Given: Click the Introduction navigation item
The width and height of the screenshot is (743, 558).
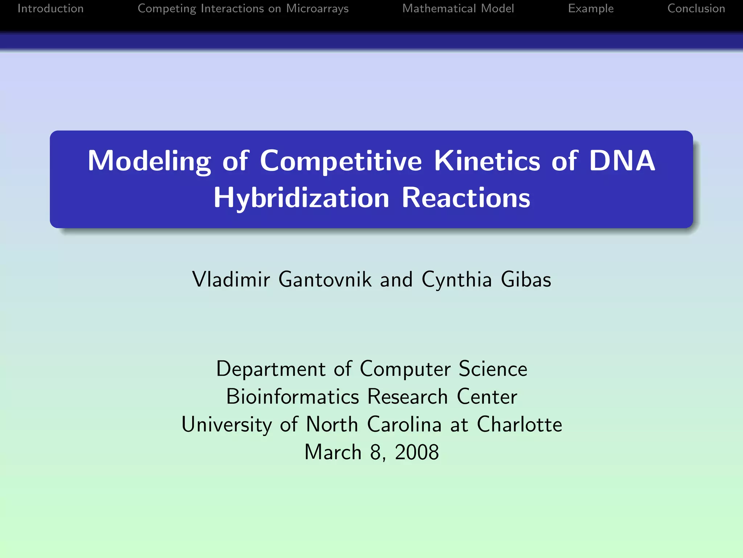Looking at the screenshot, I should click(x=50, y=8).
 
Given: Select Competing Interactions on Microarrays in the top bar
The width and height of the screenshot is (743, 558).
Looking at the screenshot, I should click(x=243, y=8).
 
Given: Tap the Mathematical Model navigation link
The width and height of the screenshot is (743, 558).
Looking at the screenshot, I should click(x=458, y=8).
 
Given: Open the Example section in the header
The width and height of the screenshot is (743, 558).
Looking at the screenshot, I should click(x=591, y=8).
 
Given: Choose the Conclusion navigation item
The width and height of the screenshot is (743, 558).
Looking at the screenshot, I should click(x=696, y=8).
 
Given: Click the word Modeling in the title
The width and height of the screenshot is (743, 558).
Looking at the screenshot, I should click(x=149, y=161).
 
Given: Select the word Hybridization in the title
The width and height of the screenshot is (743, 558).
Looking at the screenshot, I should click(x=301, y=198).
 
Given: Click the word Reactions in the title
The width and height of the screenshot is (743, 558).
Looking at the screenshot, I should click(x=466, y=198).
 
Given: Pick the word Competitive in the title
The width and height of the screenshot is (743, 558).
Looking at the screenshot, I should click(x=341, y=161).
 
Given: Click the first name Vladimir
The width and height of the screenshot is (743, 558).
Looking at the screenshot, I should click(x=231, y=279).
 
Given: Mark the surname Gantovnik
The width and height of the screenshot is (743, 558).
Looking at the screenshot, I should click(x=325, y=279).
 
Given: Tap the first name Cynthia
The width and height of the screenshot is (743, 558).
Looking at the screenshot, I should click(x=457, y=279).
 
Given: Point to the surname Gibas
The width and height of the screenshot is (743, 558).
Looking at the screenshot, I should click(x=526, y=279).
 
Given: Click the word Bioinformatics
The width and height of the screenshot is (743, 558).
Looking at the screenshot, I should click(x=292, y=396).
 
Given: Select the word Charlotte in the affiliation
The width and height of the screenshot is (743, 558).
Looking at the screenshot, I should click(x=519, y=424).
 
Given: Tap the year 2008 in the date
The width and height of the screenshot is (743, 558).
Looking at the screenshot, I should click(x=417, y=452).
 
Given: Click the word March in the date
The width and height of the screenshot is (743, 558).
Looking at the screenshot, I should click(x=333, y=452).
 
